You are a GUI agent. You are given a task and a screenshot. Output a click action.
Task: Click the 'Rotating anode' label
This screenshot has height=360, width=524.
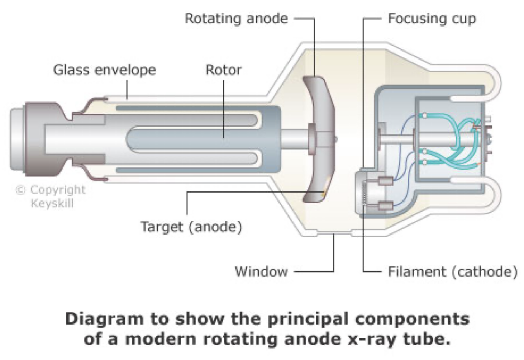(236, 18)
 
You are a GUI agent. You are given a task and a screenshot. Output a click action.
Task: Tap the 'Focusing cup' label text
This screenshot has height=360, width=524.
(432, 18)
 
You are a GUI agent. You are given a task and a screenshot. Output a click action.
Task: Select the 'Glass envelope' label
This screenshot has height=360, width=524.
(105, 70)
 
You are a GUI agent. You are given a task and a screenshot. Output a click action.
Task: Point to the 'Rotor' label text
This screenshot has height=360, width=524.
(224, 70)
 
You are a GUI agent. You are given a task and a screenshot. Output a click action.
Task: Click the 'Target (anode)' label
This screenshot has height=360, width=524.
(191, 227)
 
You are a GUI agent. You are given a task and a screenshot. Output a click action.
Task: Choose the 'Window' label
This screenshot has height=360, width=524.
(261, 271)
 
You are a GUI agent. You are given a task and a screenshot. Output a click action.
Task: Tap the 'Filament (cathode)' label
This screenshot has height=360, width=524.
(452, 271)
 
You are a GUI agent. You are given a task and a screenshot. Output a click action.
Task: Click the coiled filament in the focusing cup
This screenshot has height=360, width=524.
(365, 194)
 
